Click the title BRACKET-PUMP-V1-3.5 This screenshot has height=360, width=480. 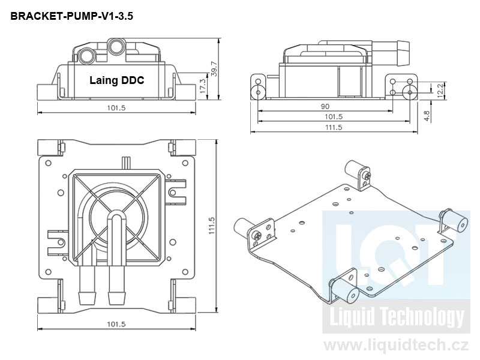(71, 16)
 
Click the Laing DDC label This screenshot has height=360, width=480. (117, 80)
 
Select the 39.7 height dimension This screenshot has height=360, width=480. (214, 69)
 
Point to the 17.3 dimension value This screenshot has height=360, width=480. (203, 85)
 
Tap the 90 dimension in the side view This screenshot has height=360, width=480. (325, 106)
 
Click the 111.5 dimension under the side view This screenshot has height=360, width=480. (333, 127)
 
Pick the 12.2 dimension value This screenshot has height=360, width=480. (440, 89)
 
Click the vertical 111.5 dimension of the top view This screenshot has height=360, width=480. (212, 226)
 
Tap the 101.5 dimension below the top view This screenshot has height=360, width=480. (116, 324)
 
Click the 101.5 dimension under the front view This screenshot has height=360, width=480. (116, 109)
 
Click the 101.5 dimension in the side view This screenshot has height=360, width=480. (333, 116)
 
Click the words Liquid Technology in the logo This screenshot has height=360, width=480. (393, 317)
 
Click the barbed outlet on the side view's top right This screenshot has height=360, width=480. (401, 53)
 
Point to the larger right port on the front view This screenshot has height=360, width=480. (115, 46)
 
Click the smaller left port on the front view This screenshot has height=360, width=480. (86, 56)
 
